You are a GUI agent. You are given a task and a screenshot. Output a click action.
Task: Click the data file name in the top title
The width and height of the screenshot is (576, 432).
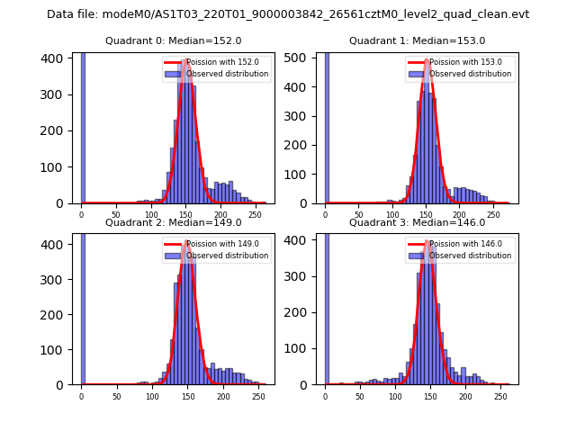click(288, 14)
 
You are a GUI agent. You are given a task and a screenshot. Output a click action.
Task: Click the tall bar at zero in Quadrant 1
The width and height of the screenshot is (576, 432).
click(326, 126)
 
